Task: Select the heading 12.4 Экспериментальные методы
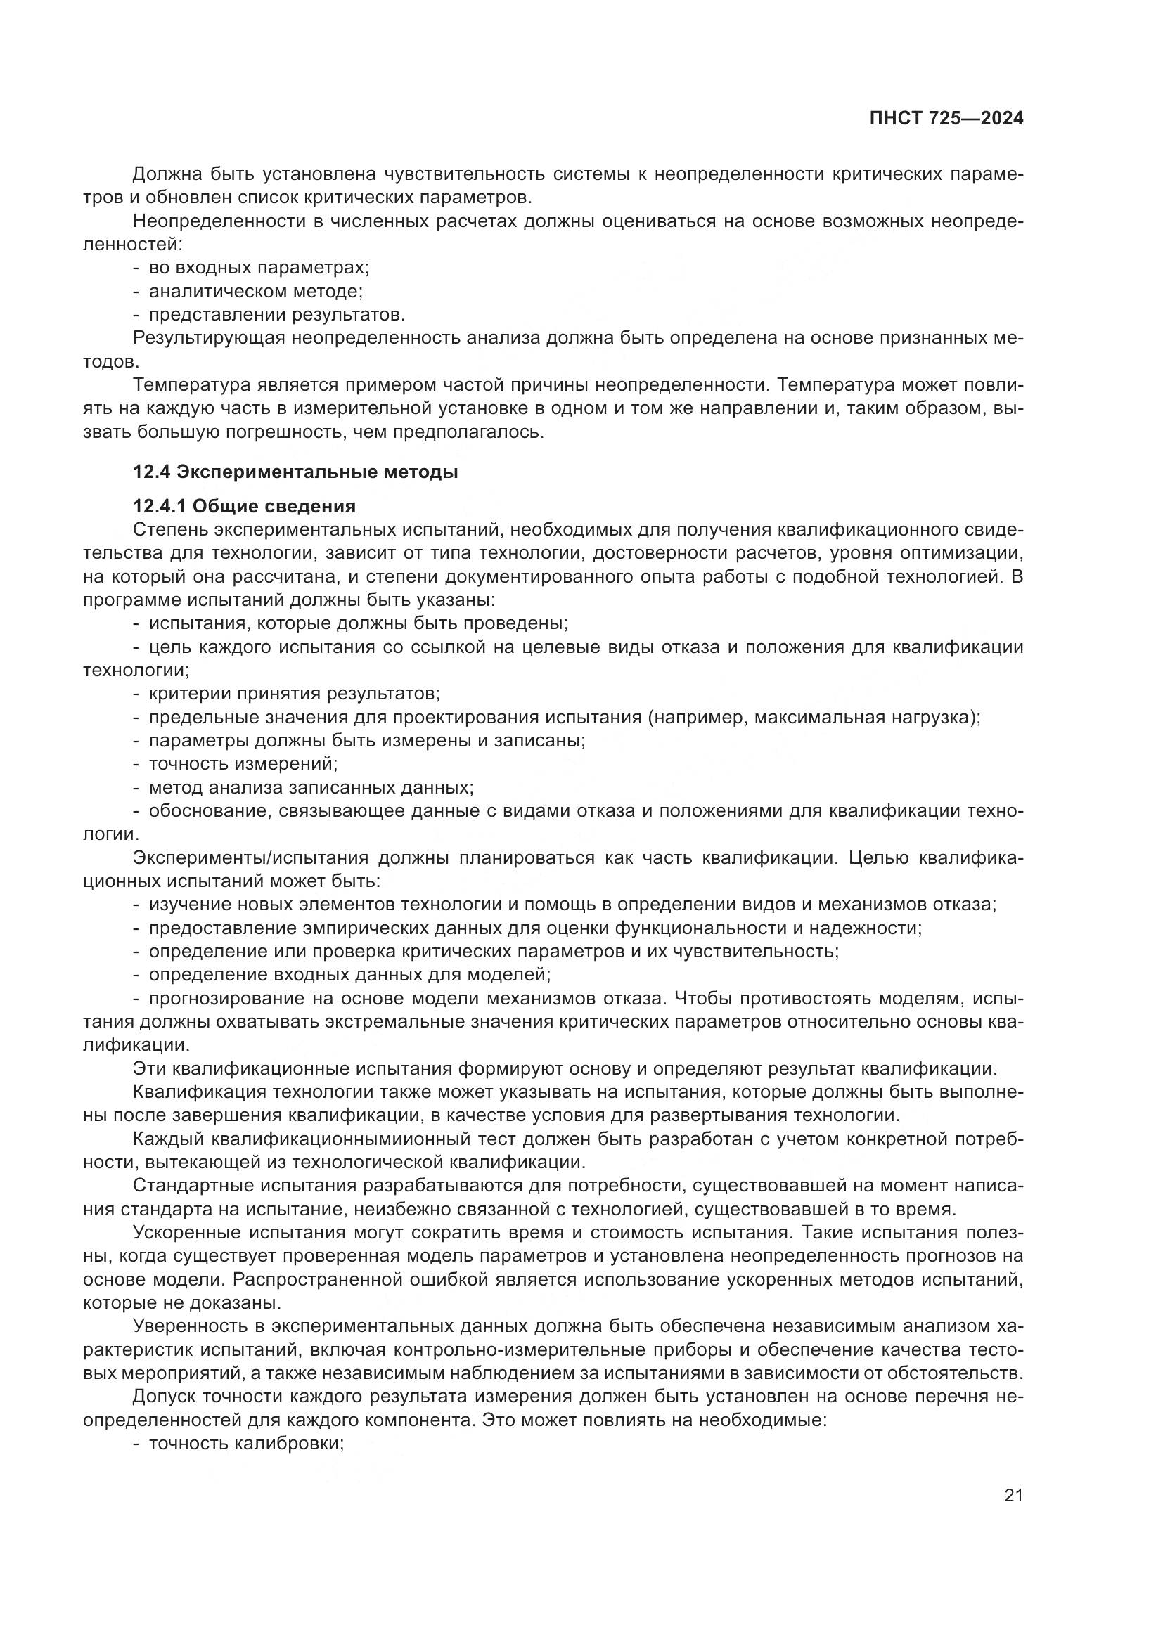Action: click(295, 472)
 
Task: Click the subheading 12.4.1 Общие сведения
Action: click(244, 506)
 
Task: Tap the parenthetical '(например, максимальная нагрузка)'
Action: click(812, 717)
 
